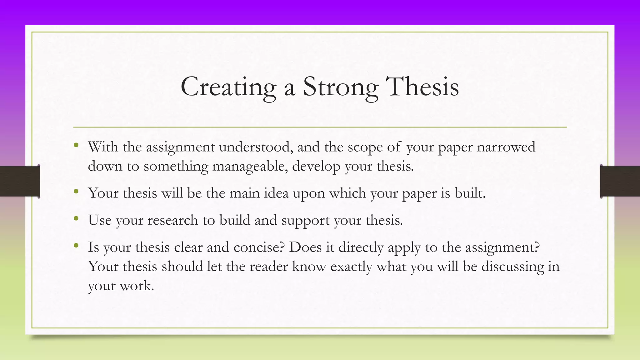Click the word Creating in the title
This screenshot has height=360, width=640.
228,87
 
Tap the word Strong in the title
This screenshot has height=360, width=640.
340,87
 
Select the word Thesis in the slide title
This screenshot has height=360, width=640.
422,87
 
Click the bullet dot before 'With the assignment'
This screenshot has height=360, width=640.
76,145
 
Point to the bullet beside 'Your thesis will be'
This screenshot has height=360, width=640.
76,191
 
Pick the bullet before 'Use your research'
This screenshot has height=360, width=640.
76,218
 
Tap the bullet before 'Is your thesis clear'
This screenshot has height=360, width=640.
76,246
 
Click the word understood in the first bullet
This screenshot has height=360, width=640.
256,147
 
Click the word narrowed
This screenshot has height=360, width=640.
506,147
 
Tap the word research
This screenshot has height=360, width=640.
173,220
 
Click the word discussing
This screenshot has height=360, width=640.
512,267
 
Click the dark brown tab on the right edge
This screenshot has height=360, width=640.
620,181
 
